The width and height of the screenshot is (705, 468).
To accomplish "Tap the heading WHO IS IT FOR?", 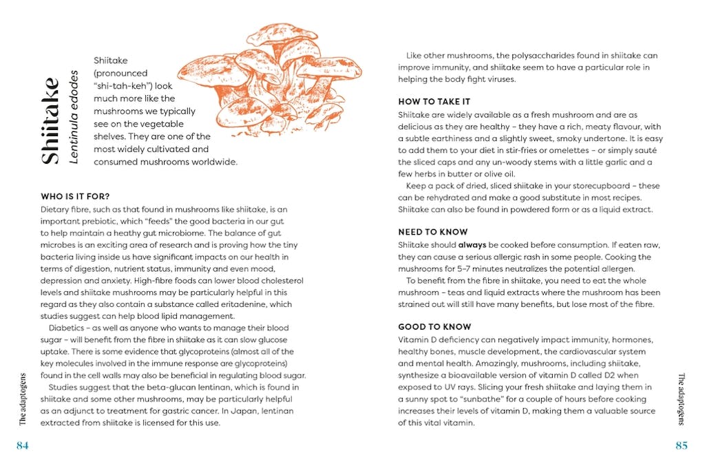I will click(75, 197).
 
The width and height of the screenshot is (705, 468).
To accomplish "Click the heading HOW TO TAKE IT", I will click(434, 102).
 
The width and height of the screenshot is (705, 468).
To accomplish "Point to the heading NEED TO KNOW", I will click(432, 232).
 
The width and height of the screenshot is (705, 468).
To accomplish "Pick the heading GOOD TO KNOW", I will click(434, 327).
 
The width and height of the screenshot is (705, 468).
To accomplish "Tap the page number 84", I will click(22, 446).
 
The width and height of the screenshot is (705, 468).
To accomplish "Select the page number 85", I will click(681, 446).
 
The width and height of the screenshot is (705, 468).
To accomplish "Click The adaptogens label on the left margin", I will click(23, 400).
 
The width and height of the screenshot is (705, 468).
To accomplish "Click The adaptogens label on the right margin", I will click(681, 400).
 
